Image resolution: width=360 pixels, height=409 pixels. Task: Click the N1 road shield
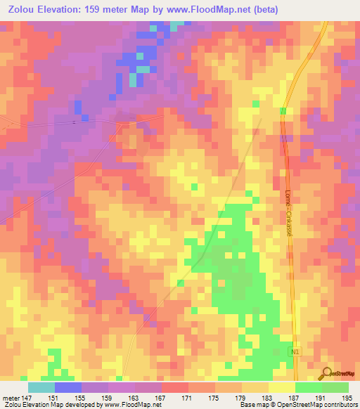click(295, 349)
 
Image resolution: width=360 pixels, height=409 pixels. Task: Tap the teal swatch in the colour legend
click(41, 387)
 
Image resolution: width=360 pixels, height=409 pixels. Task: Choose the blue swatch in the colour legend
click(68, 387)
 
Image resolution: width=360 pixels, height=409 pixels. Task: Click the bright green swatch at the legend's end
click(335, 387)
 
